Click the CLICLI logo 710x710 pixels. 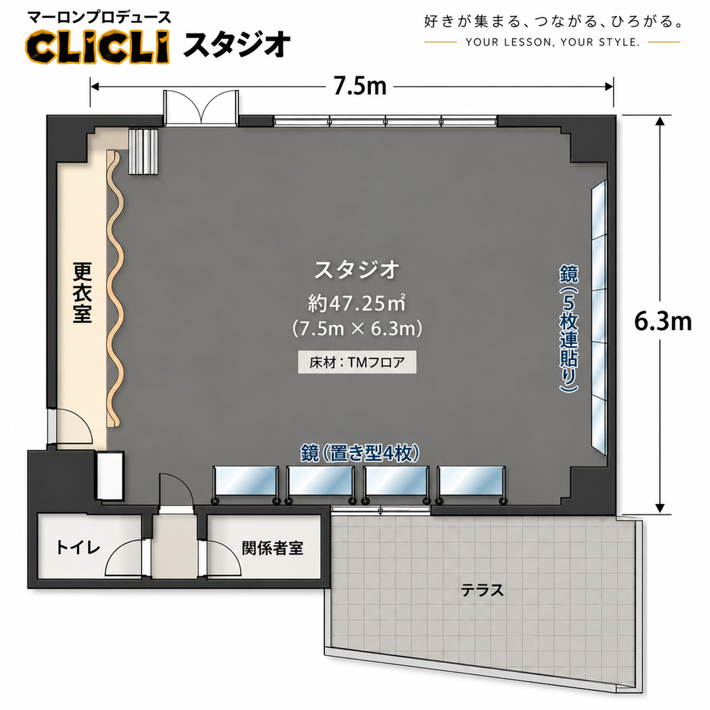pos(97,46)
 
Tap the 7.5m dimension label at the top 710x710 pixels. pos(360,86)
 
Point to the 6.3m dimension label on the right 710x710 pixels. pos(662,322)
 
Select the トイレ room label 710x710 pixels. pos(78,548)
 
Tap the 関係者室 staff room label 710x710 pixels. pos(272,548)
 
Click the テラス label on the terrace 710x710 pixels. pos(483,590)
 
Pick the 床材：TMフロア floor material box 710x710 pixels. pos(357,362)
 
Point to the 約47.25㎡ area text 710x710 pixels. pos(356,303)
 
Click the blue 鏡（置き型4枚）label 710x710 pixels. pos(360,453)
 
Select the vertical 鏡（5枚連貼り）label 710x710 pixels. pos(569,329)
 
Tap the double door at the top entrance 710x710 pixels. pos(200,107)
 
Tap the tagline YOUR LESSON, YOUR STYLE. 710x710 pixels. pos(553,42)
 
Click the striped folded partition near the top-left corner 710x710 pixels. pos(143,151)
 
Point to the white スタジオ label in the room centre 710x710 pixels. pos(356,270)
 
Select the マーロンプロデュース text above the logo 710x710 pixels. pos(99,17)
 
